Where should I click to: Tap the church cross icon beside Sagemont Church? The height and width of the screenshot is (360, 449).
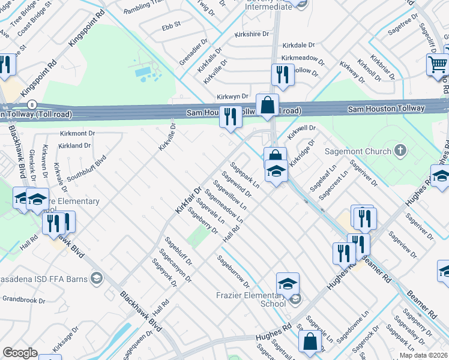pos(400,151)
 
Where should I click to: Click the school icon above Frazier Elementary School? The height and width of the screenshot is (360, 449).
pos(288,283)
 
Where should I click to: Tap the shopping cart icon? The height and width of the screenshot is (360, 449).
pos(438,64)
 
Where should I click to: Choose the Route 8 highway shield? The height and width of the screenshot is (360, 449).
pos(34,104)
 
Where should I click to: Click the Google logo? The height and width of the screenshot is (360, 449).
pos(20,353)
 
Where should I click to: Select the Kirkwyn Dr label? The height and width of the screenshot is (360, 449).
pos(232,97)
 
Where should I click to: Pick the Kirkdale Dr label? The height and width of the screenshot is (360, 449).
pos(298,46)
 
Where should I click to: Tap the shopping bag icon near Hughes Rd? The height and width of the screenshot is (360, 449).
pos(310,341)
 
